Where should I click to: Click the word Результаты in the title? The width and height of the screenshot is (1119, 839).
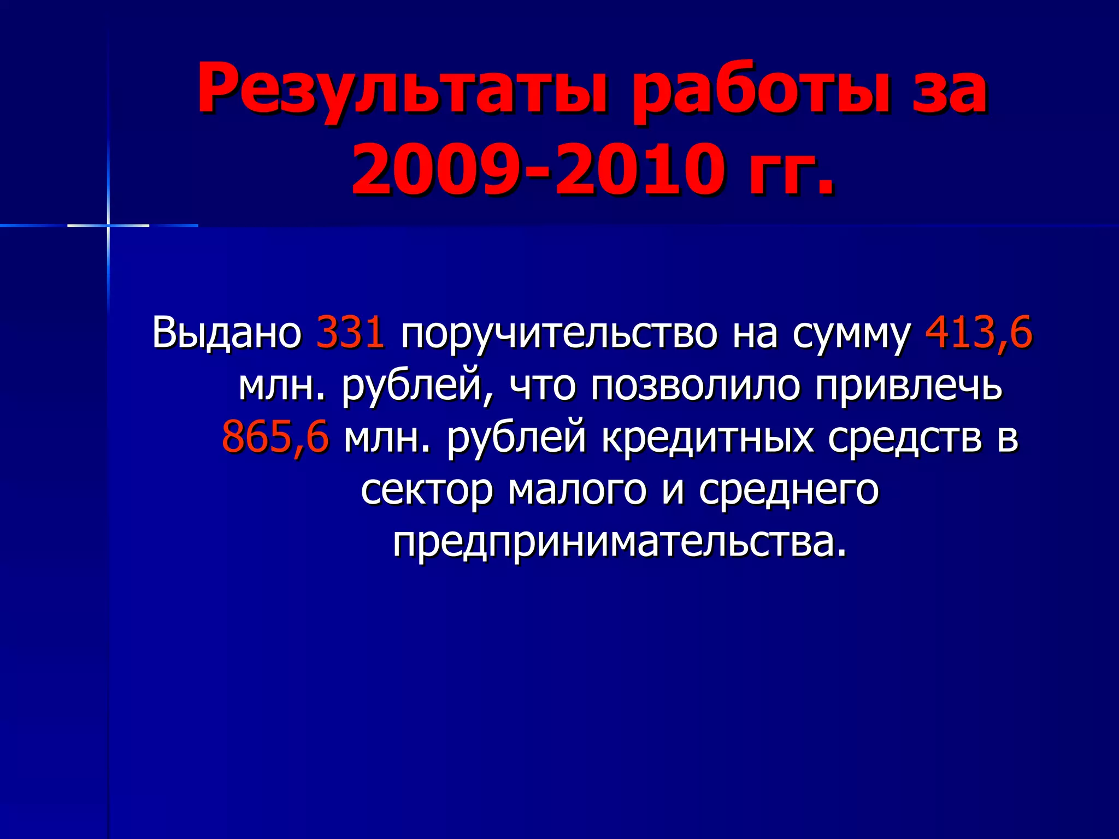[x=402, y=89]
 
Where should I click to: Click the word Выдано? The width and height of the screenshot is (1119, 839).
[x=227, y=332]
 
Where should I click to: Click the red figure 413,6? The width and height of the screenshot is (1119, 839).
[x=978, y=332]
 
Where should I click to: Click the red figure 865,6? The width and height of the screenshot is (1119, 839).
[x=275, y=437]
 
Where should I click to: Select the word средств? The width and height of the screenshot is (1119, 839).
[x=904, y=437]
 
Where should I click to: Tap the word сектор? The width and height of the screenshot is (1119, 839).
[x=427, y=489]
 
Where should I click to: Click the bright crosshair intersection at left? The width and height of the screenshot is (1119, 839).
[x=108, y=225]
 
